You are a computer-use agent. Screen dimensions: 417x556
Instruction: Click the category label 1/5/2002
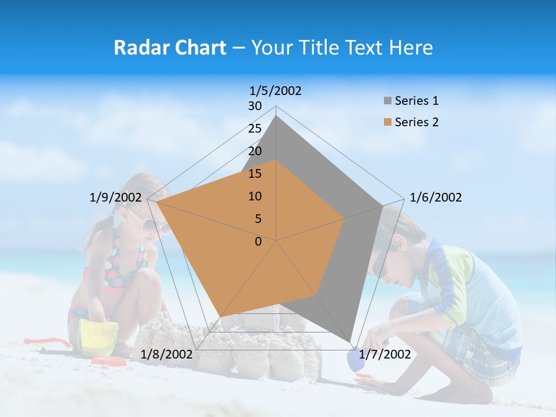276,91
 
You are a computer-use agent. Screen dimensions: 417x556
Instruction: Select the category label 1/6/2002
436,197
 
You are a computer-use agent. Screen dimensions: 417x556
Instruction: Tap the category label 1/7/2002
385,354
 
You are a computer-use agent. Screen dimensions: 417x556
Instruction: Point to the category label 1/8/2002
166,354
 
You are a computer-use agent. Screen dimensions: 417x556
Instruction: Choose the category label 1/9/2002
116,197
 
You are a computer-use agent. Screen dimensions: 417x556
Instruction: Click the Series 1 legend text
416,101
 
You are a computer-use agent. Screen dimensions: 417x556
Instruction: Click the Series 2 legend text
416,122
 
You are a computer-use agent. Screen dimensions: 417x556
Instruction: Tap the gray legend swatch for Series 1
387,101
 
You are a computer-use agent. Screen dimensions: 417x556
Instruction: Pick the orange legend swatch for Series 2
387,122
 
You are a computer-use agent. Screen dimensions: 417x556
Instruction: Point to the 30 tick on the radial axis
255,106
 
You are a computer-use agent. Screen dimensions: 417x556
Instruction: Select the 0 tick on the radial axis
258,242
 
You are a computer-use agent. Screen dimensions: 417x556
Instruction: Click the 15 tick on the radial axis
255,174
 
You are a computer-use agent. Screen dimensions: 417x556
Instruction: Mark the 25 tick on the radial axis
255,129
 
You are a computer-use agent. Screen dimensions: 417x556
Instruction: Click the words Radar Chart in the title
170,47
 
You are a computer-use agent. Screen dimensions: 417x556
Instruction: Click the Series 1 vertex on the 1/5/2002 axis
276,115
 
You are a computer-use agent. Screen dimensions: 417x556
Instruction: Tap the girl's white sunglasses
152,224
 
